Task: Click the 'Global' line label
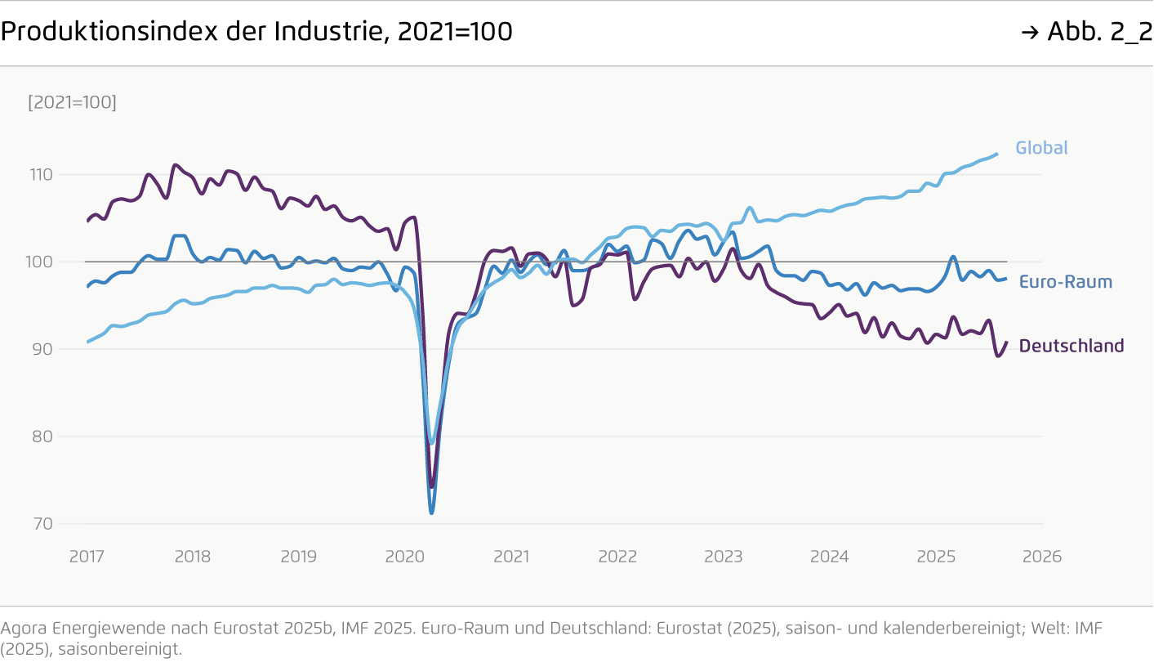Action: [1041, 148]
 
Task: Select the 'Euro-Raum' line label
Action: [1065, 282]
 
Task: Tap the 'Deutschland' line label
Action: [1071, 346]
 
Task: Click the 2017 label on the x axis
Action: [87, 557]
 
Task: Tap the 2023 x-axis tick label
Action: [724, 557]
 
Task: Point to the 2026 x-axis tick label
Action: [1042, 557]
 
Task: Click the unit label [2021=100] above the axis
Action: [72, 103]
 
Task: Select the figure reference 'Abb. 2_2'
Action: [1099, 31]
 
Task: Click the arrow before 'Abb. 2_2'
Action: [1030, 32]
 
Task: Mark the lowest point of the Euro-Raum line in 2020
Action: [431, 513]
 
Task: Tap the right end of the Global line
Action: [997, 154]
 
